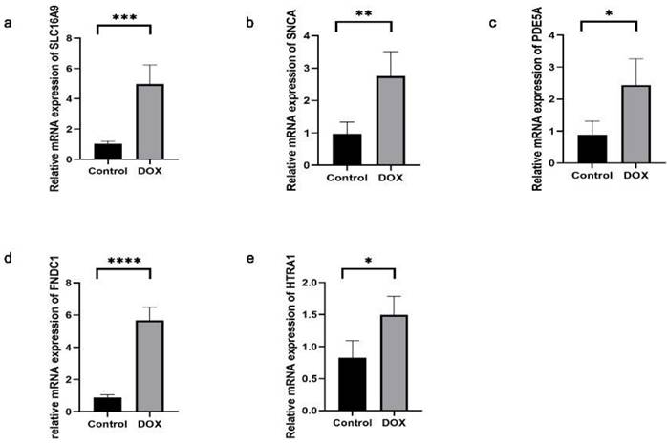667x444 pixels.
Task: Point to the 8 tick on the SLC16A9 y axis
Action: [x=84, y=37]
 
